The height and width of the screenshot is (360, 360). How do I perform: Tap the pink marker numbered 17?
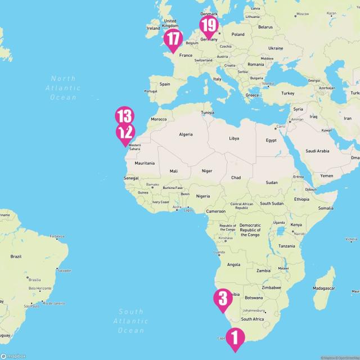(173, 39)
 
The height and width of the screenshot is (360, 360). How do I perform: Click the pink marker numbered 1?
(235, 338)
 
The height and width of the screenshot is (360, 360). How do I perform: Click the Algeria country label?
(186, 134)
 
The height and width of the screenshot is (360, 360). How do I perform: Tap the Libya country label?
(234, 138)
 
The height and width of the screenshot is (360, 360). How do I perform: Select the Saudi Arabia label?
(317, 151)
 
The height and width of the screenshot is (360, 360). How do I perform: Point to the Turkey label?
(288, 93)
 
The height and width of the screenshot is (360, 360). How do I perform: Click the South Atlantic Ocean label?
(131, 321)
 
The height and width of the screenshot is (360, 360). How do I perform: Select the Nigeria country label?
(202, 196)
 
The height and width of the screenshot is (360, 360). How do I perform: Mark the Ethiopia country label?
(301, 199)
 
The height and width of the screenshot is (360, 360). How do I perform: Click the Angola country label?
(233, 264)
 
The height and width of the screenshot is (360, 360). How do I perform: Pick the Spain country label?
(165, 84)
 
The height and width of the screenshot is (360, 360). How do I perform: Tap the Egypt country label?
(271, 140)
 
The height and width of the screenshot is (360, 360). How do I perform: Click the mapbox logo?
(12, 355)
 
